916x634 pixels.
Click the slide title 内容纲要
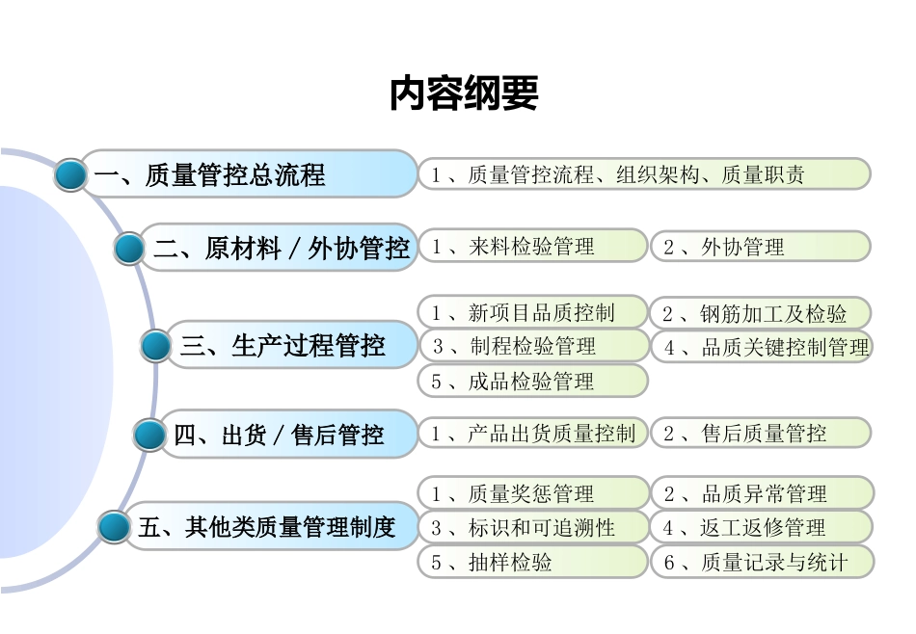463,93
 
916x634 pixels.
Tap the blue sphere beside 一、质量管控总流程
70,175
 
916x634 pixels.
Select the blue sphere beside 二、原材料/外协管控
129,249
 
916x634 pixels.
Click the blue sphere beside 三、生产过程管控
156,346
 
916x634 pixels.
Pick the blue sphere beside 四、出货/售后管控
149,436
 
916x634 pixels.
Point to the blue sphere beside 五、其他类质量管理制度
114,527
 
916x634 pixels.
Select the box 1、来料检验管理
532,247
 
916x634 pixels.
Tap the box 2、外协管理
760,247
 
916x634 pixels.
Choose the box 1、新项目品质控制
532,313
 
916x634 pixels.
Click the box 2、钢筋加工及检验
760,313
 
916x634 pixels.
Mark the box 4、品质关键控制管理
762,347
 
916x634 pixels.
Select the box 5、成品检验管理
532,382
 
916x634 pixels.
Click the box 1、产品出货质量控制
532,434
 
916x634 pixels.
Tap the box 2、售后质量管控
760,434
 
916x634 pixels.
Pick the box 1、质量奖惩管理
532,494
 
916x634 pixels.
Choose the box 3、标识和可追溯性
532,528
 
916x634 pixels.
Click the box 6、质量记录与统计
762,563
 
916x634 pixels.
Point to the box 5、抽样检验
532,563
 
